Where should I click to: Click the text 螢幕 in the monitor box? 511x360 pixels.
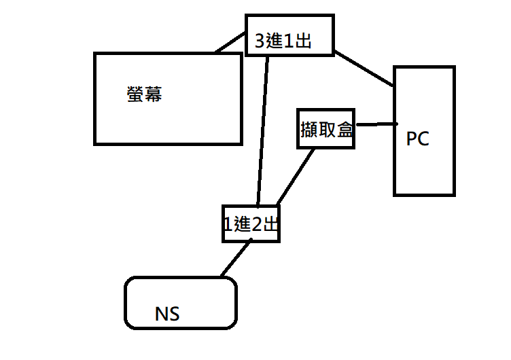[x=144, y=94]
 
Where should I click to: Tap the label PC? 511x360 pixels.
[x=417, y=139]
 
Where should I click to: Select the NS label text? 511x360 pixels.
[x=168, y=314]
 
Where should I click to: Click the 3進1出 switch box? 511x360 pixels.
[x=289, y=35]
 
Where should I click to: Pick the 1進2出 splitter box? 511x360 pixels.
[x=251, y=223]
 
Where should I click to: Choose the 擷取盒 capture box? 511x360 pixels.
[x=327, y=128]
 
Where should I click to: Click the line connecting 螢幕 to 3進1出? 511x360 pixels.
[x=230, y=43]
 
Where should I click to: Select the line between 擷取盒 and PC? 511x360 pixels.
[x=376, y=124]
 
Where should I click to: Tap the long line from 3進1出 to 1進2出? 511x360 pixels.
[x=263, y=129]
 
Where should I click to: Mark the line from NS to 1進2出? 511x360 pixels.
[x=234, y=259]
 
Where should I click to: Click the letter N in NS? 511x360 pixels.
[x=161, y=314]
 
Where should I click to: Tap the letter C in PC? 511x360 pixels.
[x=423, y=139]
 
